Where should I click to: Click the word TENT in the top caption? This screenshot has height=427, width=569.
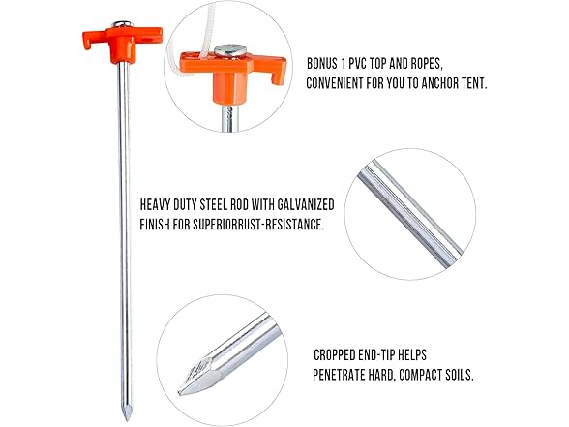tap(469, 83)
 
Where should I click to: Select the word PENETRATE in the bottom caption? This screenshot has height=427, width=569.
tap(345, 374)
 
